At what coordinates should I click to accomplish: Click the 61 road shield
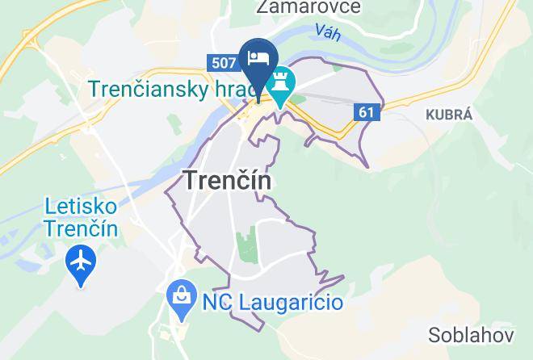pyautogui.click(x=367, y=112)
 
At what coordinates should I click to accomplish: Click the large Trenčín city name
pyautogui.click(x=228, y=181)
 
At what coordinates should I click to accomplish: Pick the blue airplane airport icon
pyautogui.click(x=82, y=262)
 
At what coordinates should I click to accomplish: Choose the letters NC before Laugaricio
pyautogui.click(x=216, y=303)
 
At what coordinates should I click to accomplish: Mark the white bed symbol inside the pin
pyautogui.click(x=259, y=57)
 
